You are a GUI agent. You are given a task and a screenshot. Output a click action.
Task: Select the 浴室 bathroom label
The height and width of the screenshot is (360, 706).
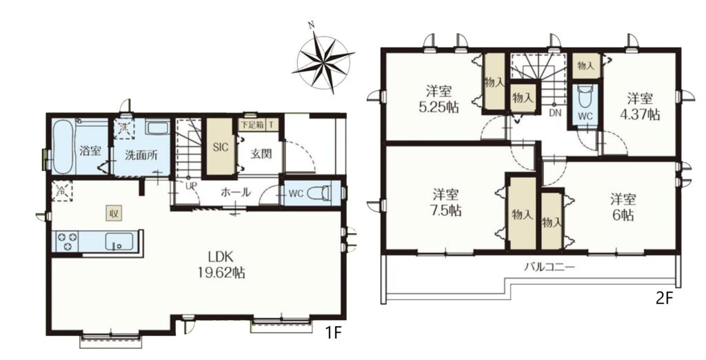[x=90, y=150]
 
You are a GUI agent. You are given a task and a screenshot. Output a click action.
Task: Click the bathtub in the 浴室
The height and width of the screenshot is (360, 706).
[x=63, y=148]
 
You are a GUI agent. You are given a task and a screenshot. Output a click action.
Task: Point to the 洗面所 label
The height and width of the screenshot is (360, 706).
[x=141, y=155]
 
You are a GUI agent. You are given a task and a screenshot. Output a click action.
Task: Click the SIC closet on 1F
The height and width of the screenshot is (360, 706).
[x=221, y=147]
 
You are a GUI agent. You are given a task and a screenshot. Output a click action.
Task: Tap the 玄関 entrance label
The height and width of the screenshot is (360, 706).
[x=261, y=154]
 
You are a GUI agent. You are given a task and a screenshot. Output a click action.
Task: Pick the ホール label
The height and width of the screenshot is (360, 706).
[x=236, y=192]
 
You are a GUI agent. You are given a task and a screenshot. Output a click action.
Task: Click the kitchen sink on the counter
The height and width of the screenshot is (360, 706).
[x=119, y=241]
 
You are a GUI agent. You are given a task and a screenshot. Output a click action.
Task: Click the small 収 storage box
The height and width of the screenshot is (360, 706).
[x=114, y=214]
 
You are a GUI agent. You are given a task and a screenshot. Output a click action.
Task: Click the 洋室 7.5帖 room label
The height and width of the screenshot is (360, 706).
[x=446, y=203]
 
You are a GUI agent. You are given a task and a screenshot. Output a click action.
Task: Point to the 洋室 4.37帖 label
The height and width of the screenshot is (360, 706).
[x=640, y=106]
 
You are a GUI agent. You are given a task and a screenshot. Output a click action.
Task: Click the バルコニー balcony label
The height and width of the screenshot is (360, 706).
[x=549, y=267]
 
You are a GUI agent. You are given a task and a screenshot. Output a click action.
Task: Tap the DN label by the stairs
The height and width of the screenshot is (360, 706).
[x=555, y=114]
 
